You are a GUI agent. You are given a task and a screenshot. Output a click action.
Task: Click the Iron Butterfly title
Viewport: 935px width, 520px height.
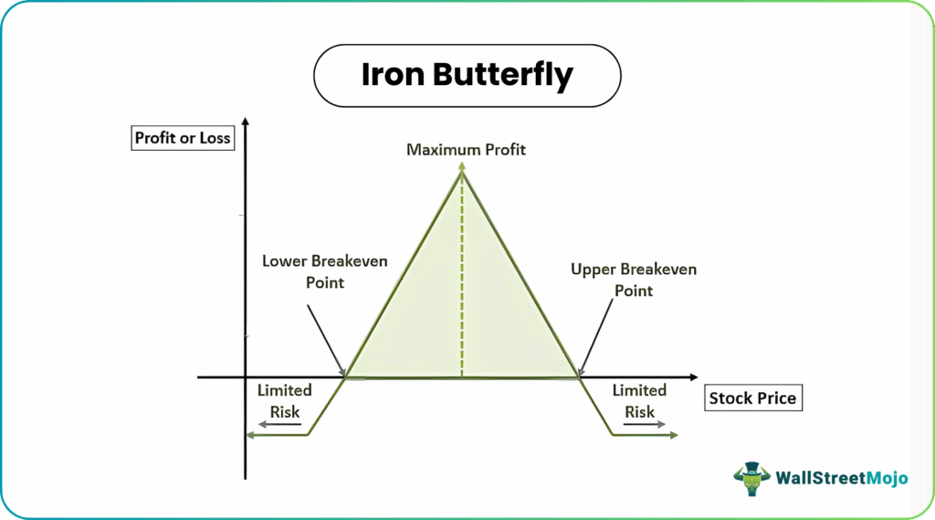coord(467,76)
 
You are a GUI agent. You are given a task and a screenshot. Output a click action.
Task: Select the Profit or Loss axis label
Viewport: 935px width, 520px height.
coord(183,138)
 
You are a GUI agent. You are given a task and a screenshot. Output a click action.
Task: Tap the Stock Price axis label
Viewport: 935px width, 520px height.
coord(753,398)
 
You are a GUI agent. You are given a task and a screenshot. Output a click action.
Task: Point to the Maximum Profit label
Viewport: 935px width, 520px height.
coord(466,149)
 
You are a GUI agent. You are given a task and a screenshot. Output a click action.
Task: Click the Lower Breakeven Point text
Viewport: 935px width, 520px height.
coord(325,271)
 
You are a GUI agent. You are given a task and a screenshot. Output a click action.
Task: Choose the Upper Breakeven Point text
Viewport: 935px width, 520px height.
coord(634,280)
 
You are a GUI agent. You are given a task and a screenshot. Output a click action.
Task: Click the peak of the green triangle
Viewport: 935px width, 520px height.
coord(462,169)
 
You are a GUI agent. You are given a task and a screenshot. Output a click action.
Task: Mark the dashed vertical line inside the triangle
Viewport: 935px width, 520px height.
coord(462,274)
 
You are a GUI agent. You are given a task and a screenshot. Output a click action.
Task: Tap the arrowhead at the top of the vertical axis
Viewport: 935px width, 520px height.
coord(245,122)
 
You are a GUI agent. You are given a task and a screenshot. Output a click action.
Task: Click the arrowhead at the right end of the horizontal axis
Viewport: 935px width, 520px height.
coord(694,377)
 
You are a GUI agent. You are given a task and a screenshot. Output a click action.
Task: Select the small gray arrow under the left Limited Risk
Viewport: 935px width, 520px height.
coord(279,424)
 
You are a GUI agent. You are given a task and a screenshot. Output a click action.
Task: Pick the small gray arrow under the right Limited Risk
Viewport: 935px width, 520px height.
coord(644,424)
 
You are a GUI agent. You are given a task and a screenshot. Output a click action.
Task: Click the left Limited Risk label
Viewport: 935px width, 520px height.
coord(285,401)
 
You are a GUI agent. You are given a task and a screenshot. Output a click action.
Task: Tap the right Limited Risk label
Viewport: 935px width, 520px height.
coord(639,401)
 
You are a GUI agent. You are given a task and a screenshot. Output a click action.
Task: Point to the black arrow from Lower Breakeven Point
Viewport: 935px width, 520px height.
coord(326,340)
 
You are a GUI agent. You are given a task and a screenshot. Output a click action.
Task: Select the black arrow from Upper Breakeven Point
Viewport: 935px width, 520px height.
coord(595,337)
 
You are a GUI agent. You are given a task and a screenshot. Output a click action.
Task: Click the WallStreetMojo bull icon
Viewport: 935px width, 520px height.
coord(752,478)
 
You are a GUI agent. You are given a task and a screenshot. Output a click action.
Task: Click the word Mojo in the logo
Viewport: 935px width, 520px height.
coord(887,478)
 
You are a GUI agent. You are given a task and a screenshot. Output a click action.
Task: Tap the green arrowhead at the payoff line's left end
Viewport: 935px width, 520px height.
coord(251,435)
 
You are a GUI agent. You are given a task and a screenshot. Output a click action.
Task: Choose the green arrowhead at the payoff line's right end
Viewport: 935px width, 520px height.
coord(673,435)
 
